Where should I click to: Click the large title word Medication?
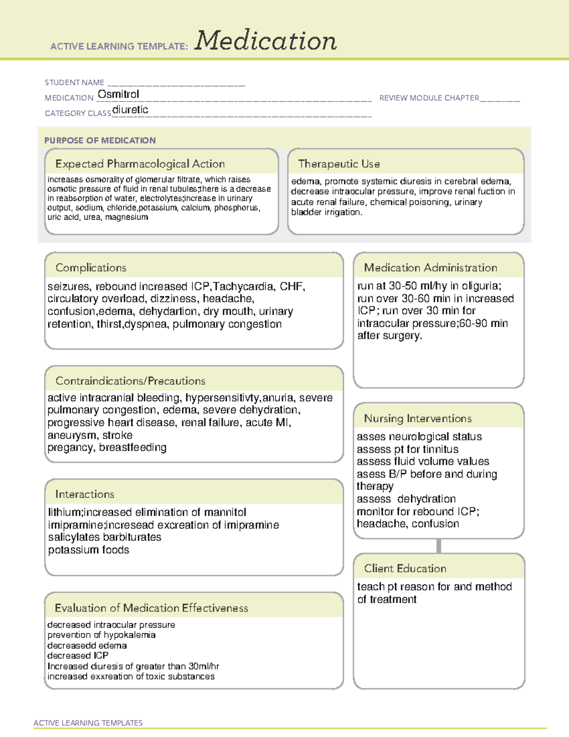click(266, 41)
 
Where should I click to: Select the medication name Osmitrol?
click(118, 94)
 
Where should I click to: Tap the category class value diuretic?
click(130, 110)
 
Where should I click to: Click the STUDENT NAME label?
click(74, 83)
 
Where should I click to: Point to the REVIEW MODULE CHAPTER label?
click(429, 98)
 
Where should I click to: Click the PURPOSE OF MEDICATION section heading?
click(100, 140)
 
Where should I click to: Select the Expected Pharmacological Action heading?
click(140, 164)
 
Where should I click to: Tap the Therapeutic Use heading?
click(339, 164)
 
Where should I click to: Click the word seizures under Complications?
click(68, 287)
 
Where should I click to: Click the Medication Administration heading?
click(430, 268)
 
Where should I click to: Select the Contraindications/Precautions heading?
click(130, 381)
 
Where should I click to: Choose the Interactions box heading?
click(84, 494)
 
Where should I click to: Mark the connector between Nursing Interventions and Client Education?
click(439, 546)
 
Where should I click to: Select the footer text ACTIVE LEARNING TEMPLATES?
click(88, 723)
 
